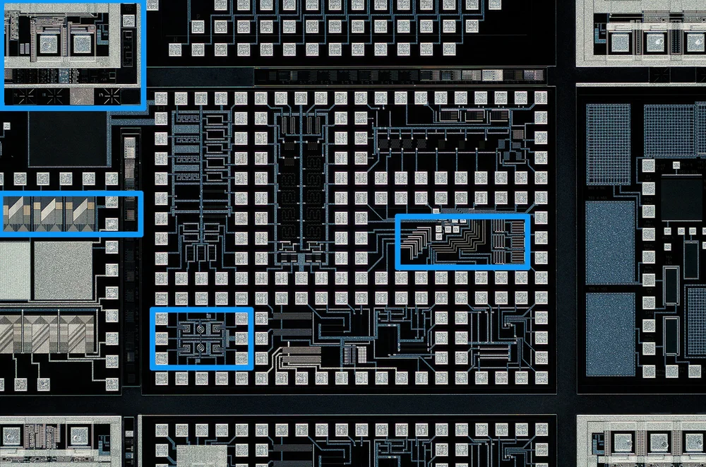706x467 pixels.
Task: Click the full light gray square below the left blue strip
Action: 63,270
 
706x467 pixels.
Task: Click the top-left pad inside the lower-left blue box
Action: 162,319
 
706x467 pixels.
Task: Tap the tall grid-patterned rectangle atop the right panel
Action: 608,143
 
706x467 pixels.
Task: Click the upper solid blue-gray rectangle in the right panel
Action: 611,242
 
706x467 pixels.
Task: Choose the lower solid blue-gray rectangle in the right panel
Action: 611,333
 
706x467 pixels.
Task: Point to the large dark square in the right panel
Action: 682,199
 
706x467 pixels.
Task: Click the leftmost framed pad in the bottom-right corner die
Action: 622,442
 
